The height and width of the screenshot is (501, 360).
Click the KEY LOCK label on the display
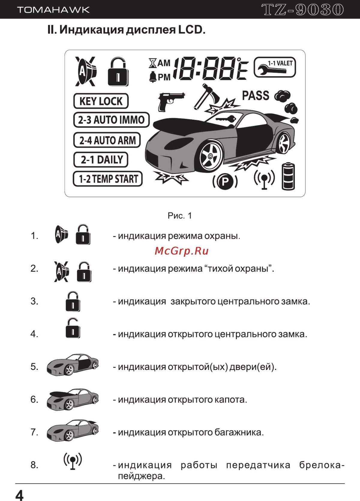tap(101, 101)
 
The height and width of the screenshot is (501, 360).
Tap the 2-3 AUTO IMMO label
tap(111, 120)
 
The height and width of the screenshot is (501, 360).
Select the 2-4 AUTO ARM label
tap(107, 140)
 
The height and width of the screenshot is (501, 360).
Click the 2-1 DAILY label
tap(101, 160)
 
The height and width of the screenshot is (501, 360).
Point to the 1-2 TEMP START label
tap(108, 179)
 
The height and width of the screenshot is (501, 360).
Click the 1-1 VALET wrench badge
tap(275, 67)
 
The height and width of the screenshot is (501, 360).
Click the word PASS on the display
tap(256, 96)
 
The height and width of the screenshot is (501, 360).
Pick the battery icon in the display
tap(288, 176)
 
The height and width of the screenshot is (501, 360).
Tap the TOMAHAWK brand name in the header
tap(53, 10)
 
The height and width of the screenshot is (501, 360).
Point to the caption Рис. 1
tap(180, 216)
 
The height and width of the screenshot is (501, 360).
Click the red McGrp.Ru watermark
tap(181, 251)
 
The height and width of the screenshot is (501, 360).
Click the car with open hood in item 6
tap(73, 399)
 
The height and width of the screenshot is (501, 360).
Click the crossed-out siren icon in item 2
tap(62, 271)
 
